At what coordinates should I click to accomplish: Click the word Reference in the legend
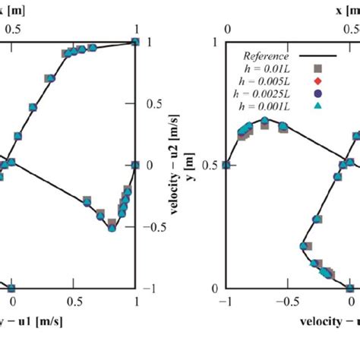(266, 55)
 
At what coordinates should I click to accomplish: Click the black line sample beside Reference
(318, 55)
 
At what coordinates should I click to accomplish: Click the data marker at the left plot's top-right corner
(136, 42)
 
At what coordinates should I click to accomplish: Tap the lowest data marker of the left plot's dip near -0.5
(112, 227)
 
